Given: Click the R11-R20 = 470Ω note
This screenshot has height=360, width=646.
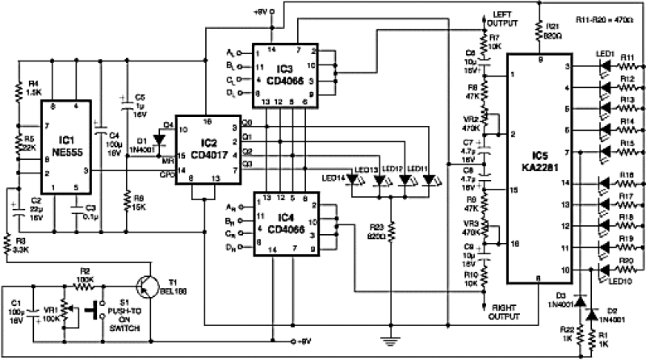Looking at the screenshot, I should pos(606,18).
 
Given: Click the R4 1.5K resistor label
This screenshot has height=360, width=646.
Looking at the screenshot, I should pos(34,87).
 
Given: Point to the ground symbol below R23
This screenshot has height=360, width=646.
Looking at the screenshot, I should pos(392,327).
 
